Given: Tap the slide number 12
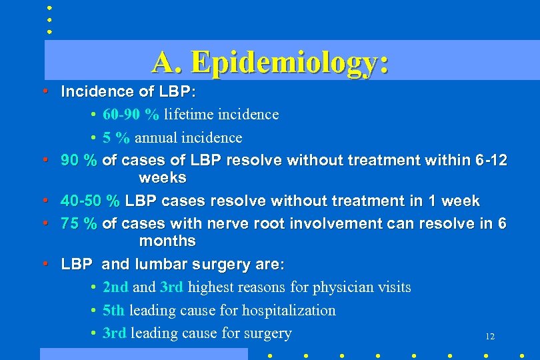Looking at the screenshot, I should tap(490, 337).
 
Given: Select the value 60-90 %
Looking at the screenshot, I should tap(131, 115).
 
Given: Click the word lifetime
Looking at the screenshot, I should tap(188, 115).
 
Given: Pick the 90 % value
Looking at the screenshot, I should tap(79, 161).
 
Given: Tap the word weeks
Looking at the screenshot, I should tap(163, 178).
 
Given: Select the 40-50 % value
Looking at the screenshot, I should tap(90, 201).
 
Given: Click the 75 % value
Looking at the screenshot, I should tap(79, 223).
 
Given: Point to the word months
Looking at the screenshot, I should tap(167, 241).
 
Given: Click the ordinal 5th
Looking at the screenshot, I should tap(114, 311).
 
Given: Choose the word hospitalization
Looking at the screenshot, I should tap(289, 311).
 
